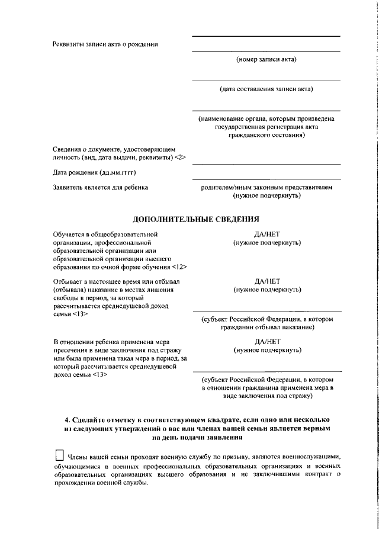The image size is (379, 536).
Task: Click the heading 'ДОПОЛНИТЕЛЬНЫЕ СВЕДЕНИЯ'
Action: (x=195, y=219)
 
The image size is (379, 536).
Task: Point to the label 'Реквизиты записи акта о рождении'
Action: (x=105, y=44)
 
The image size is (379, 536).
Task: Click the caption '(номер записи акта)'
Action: (x=266, y=59)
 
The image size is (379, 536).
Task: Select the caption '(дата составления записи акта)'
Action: (x=266, y=89)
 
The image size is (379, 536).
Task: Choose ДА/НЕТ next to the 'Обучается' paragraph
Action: (x=266, y=235)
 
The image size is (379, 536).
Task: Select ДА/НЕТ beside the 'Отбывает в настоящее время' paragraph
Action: (x=266, y=281)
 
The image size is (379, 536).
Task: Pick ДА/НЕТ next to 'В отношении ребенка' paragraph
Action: (x=266, y=342)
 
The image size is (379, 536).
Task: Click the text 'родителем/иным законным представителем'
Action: (x=266, y=187)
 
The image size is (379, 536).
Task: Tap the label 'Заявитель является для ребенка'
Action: (x=100, y=187)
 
